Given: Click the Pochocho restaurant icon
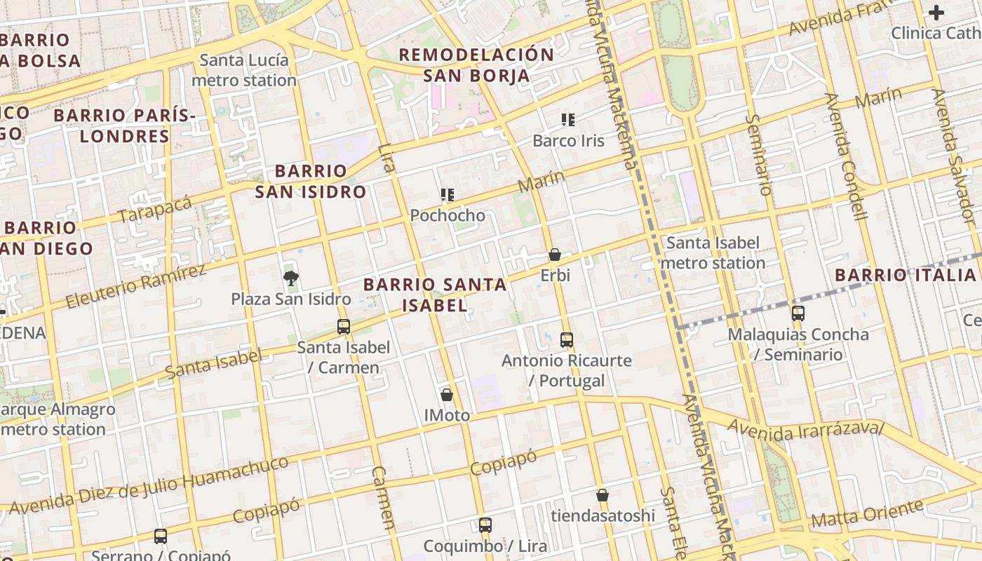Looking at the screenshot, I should pos(447,195).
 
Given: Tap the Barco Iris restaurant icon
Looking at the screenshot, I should pos(568,120).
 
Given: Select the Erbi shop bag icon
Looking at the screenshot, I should pos(555,255).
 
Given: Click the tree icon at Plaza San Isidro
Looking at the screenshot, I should pos(290,278).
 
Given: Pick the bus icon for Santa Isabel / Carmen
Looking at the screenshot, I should pos(344,326).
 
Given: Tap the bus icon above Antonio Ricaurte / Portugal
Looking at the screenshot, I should pos(567,340).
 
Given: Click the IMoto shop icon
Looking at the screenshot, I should pos(447,395).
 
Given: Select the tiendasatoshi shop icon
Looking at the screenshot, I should pos(602,495).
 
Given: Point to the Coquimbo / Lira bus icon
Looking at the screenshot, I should pos(485,525).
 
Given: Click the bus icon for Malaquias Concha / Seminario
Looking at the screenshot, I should pos(798,313).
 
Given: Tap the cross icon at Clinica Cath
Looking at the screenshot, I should pos(936,13).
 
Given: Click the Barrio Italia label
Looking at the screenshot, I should pos(906,275).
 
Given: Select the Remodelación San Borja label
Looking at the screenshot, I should pos(477,65).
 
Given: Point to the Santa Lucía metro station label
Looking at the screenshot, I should pos(244,70).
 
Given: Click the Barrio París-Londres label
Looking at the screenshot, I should pos(123,126).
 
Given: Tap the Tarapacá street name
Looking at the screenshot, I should pos(154,209).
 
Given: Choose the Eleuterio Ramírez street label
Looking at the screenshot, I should pos(136,286).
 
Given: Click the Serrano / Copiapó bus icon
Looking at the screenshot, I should pos(161,536).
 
